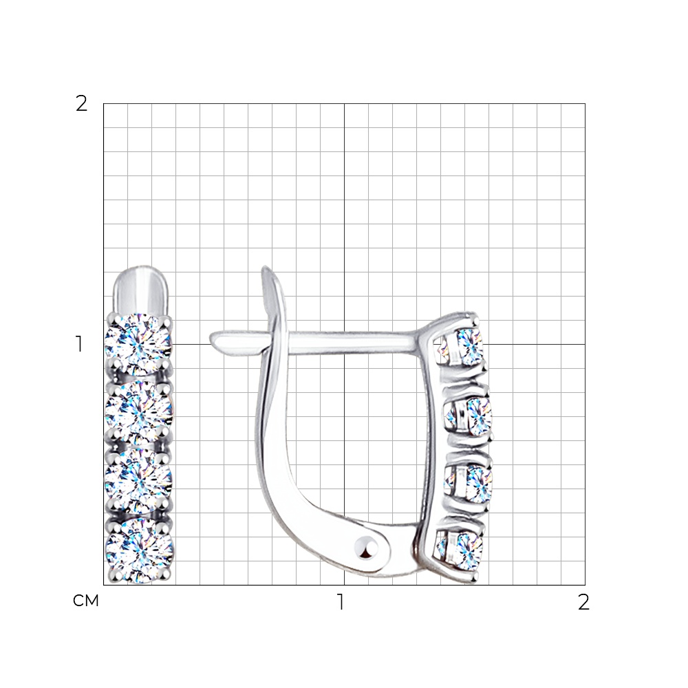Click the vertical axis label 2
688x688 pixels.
81,104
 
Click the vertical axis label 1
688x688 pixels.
79,344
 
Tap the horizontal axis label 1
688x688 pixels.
341,602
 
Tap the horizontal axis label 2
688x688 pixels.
583,602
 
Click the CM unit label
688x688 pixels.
85,601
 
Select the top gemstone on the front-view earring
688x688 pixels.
138,344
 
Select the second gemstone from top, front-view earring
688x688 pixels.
139,412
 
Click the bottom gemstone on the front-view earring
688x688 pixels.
140,550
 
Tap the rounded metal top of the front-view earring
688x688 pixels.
141,290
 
